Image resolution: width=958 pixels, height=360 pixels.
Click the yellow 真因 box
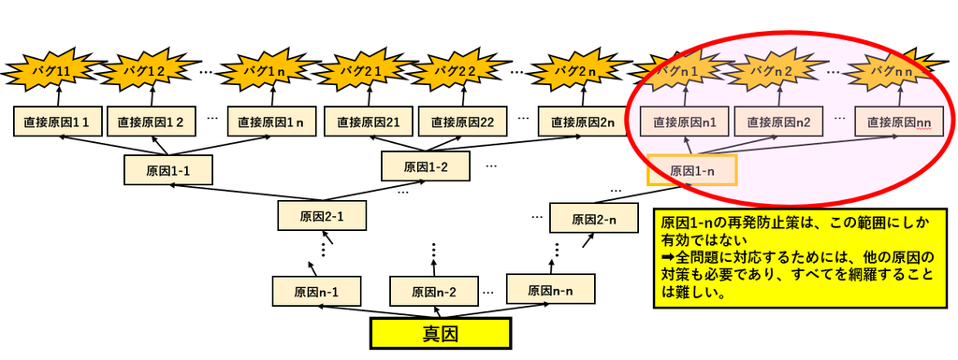click(440, 333)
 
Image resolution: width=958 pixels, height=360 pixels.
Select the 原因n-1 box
click(316, 292)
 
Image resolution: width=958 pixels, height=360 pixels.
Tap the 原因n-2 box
click(433, 292)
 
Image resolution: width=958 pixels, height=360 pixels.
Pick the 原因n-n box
click(550, 289)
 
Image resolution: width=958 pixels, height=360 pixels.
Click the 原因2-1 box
click(322, 215)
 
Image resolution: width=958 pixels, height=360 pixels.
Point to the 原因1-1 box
click(168, 169)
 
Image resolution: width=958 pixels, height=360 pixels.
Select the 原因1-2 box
click(426, 166)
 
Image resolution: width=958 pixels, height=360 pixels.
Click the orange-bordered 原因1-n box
click(692, 169)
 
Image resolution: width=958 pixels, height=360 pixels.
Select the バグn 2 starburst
click(775, 71)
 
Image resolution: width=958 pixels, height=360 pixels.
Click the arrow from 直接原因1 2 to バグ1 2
click(153, 96)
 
